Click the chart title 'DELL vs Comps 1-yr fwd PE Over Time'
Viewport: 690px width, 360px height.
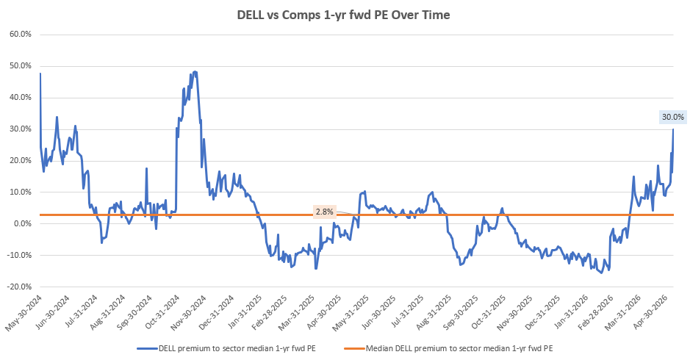click(x=343, y=15)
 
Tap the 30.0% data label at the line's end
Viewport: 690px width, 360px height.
click(x=673, y=117)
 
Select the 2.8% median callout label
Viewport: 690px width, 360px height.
click(x=324, y=212)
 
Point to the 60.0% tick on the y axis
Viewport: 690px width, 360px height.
click(x=21, y=35)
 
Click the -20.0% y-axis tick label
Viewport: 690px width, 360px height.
click(x=19, y=287)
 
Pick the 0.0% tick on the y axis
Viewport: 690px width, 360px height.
click(x=22, y=223)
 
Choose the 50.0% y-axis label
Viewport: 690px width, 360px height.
click(x=21, y=66)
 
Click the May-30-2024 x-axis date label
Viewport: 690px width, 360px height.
click(x=24, y=313)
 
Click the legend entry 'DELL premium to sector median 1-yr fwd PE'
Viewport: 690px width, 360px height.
click(x=226, y=348)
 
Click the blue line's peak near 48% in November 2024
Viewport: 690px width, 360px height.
click(x=195, y=72)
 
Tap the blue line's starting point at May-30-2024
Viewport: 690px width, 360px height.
click(x=40, y=73)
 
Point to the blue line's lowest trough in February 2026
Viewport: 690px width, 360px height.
click(x=602, y=273)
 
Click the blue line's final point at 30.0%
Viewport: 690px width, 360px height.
click(x=673, y=129)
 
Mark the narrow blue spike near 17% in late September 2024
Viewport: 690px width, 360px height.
click(x=146, y=168)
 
